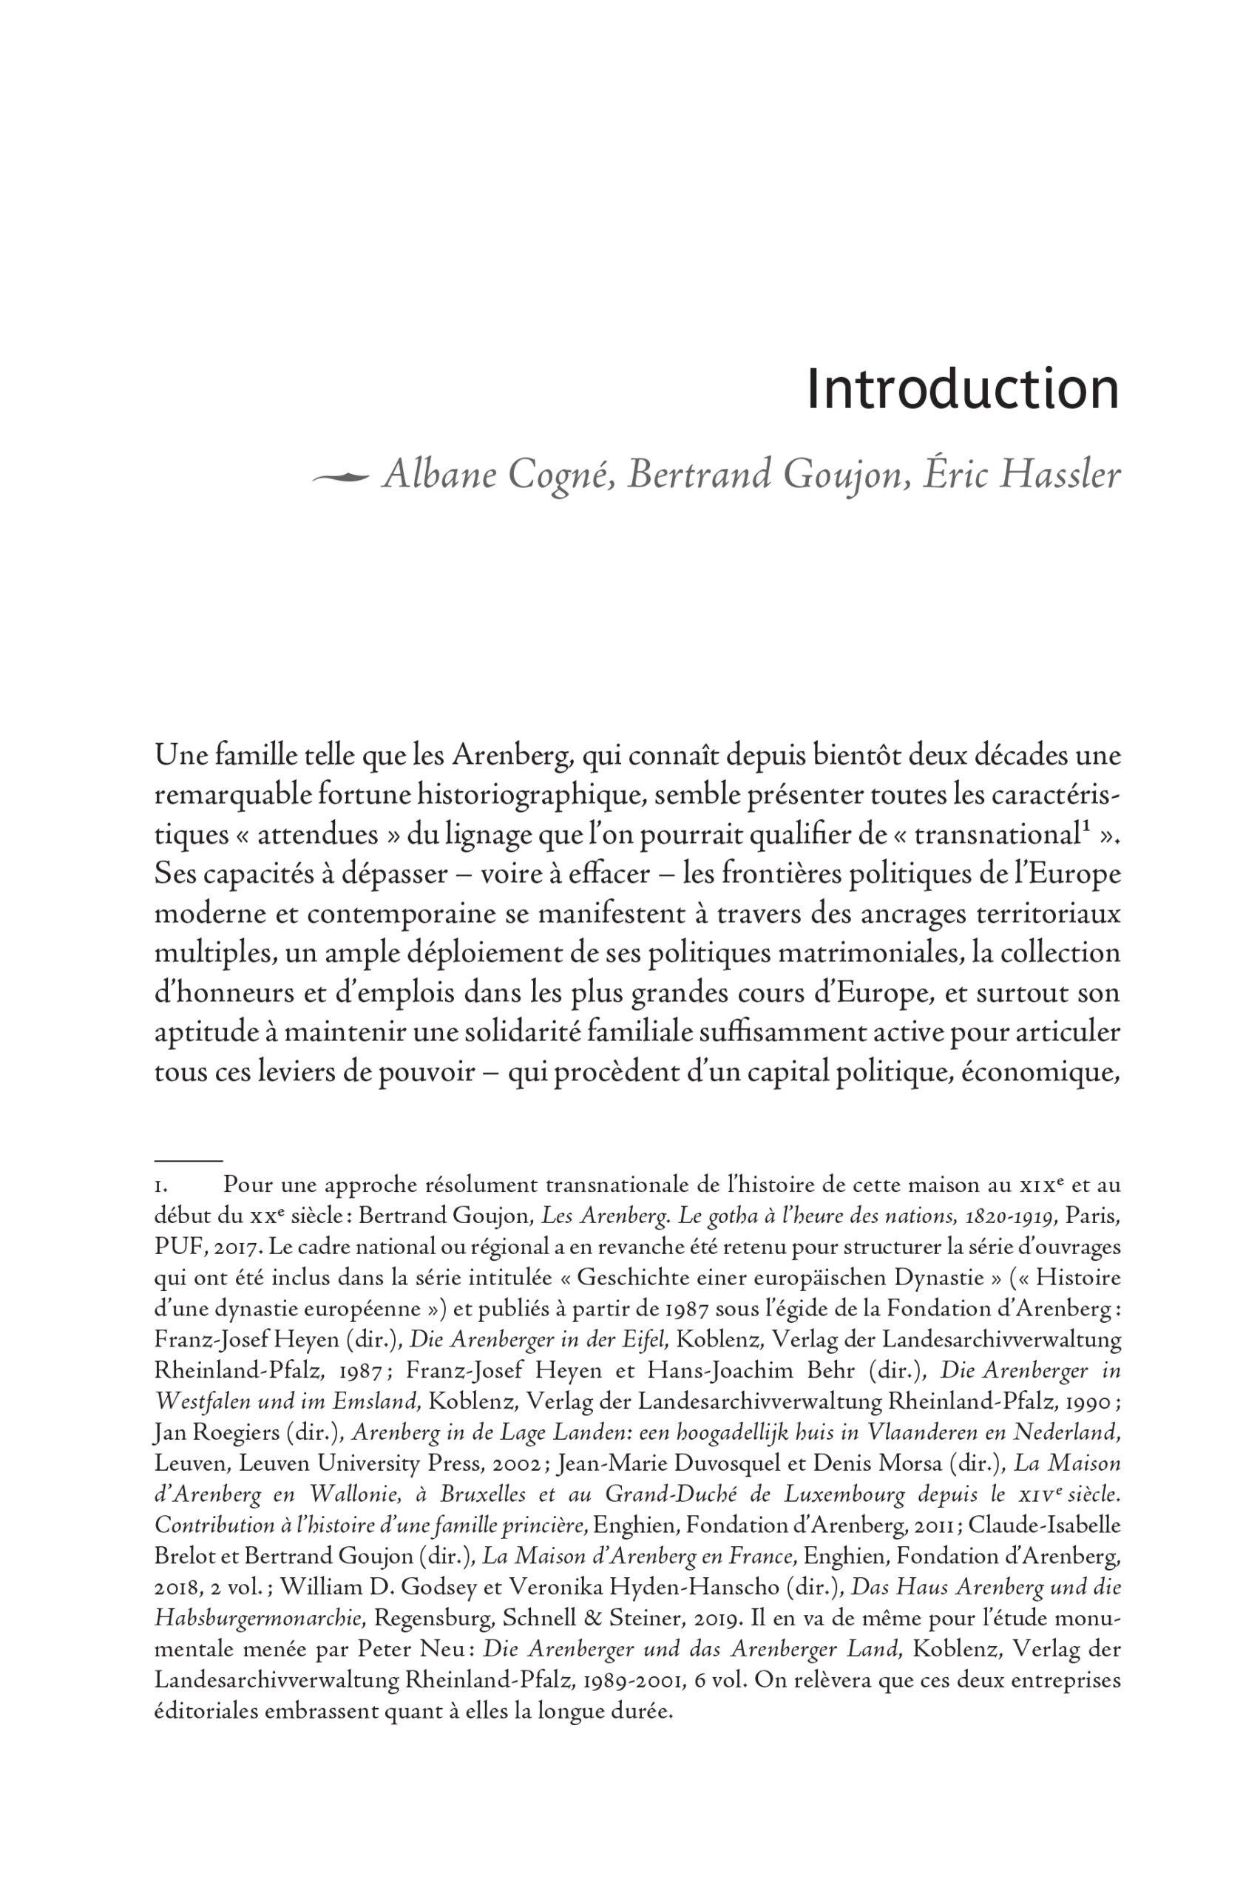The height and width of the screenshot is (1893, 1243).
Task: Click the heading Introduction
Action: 962,390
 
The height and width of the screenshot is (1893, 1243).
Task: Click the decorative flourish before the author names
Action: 340,477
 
